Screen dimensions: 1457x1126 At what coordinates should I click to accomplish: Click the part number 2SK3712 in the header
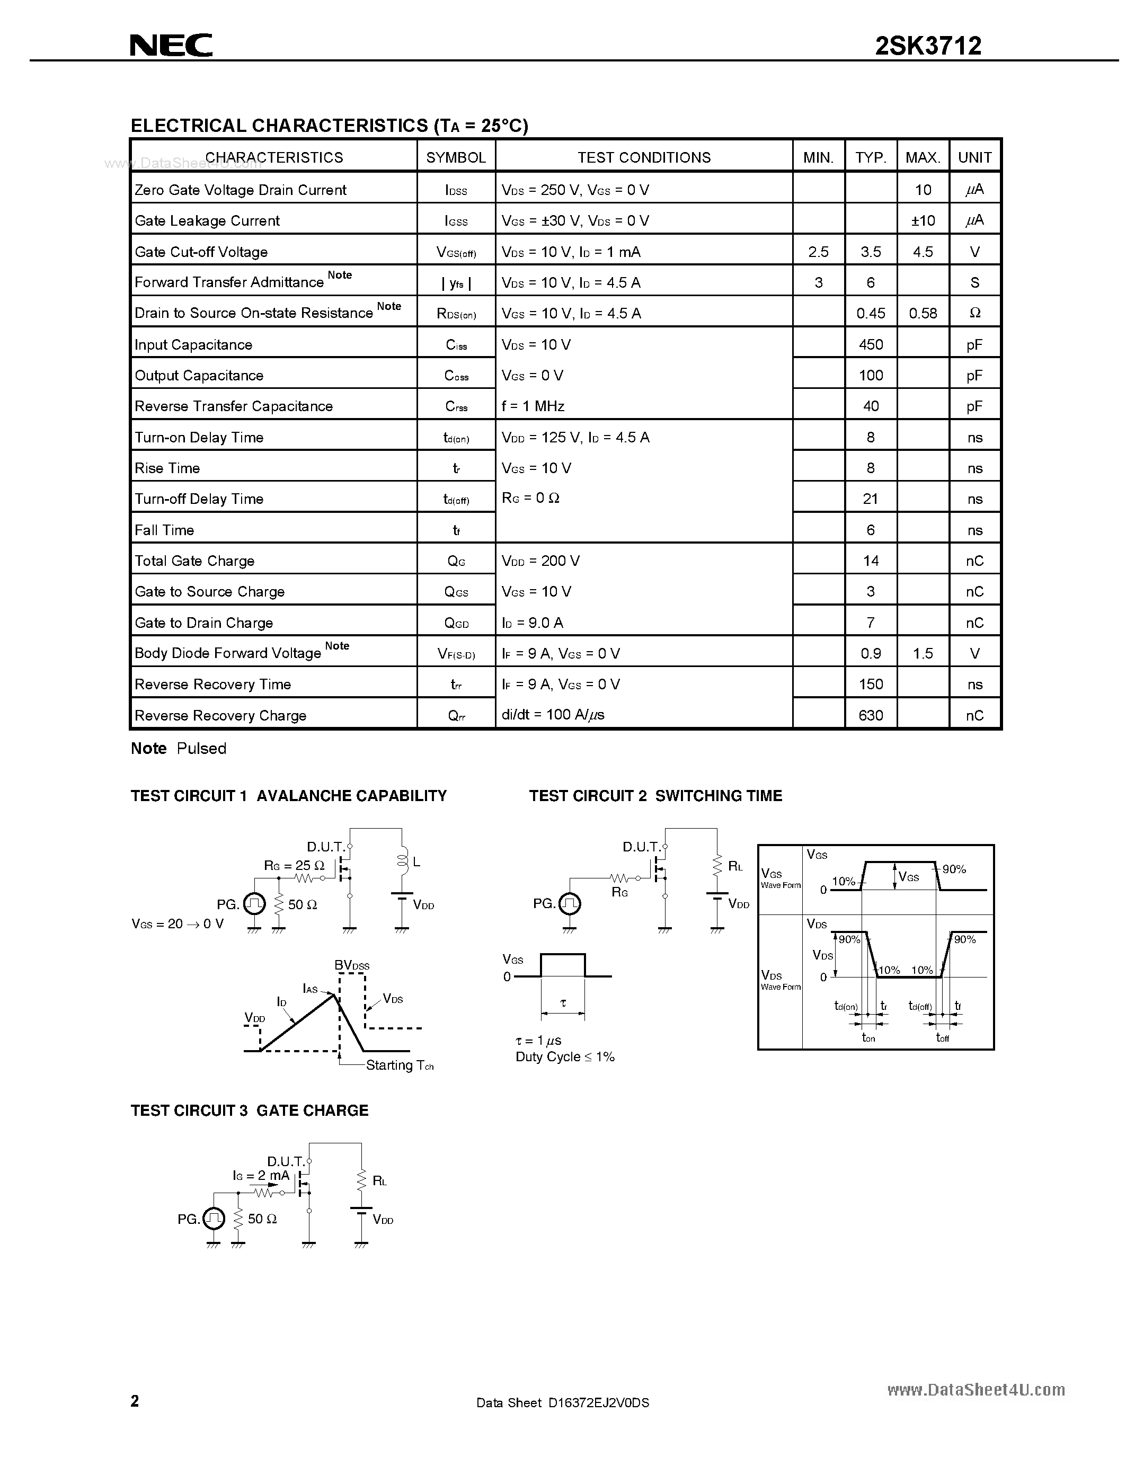(928, 46)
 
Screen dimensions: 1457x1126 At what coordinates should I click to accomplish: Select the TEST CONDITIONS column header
(644, 157)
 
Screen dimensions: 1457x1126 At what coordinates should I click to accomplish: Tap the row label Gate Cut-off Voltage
(201, 252)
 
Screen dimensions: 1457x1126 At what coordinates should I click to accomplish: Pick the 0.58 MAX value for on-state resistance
(923, 314)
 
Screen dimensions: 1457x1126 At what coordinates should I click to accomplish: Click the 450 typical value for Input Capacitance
(871, 345)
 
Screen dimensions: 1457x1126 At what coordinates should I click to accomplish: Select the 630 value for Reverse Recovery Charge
(871, 715)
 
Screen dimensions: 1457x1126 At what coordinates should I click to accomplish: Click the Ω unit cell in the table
(974, 314)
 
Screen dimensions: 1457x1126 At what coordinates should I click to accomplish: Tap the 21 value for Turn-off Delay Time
(871, 499)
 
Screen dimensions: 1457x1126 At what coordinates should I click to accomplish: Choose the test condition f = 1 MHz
(533, 406)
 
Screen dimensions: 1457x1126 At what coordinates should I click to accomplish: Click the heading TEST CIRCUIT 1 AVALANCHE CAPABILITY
(288, 796)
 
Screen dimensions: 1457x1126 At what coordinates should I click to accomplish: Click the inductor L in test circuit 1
(402, 861)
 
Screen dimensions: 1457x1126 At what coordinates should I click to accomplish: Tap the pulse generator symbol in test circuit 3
(214, 1219)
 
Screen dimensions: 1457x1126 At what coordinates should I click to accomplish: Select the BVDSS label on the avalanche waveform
(351, 965)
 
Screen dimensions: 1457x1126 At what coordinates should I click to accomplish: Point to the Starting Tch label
(400, 1065)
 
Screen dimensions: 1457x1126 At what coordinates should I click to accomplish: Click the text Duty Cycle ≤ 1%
(565, 1057)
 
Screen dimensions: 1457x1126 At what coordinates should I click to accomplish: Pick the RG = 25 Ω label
(294, 865)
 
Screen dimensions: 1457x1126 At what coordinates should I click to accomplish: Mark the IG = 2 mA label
(261, 1176)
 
